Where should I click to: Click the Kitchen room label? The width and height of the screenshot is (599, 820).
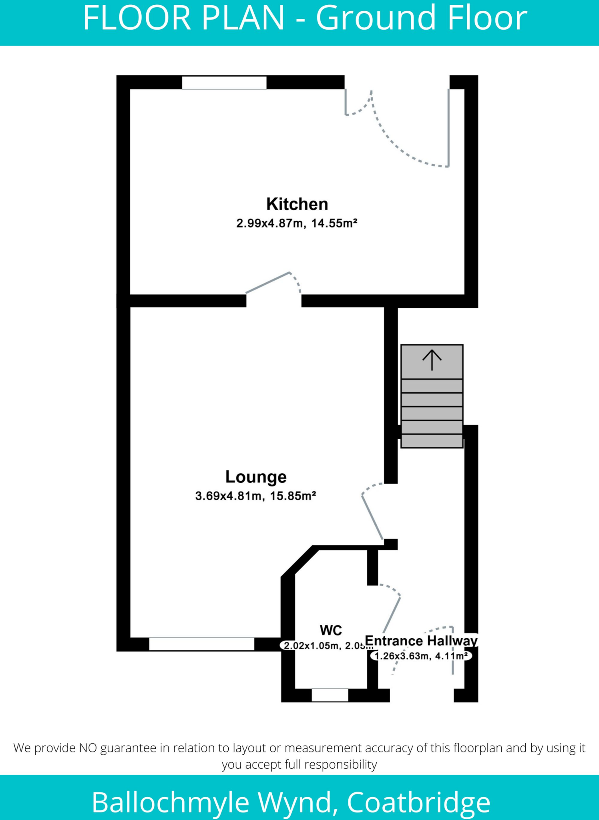tap(297, 204)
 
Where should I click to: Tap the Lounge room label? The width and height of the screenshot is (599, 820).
tap(256, 477)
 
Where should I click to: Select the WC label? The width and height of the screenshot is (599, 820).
tap(331, 630)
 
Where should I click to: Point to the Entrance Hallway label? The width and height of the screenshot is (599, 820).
tap(421, 641)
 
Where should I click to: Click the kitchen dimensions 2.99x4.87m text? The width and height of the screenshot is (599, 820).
tap(270, 223)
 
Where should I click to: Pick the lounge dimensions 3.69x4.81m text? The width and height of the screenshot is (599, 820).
tap(229, 496)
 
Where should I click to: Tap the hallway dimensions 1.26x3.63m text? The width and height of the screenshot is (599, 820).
tap(402, 656)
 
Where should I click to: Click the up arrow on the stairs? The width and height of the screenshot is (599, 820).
tap(432, 360)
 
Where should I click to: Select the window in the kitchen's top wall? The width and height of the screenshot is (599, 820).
tap(224, 82)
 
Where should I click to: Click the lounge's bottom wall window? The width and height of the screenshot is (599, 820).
tap(201, 644)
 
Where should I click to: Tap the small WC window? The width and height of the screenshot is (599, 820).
tap(330, 695)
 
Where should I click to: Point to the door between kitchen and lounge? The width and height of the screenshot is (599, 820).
tap(268, 283)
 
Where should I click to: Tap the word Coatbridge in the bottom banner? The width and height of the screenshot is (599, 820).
tap(418, 802)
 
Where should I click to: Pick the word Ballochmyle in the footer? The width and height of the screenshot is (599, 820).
tap(171, 802)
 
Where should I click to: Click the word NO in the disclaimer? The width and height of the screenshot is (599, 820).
tap(88, 748)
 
